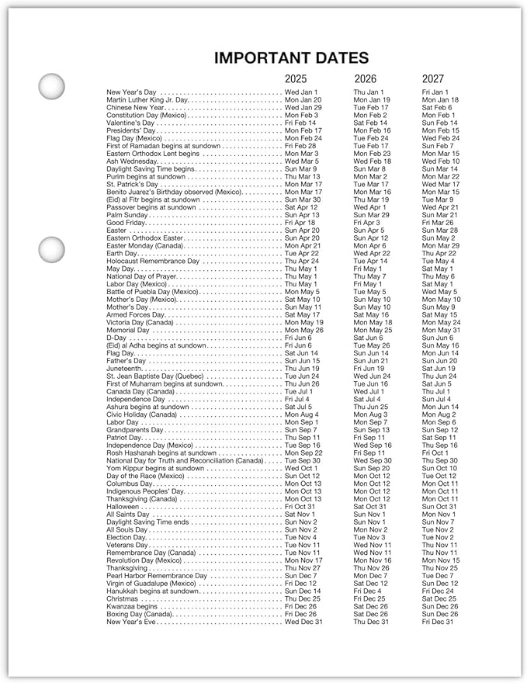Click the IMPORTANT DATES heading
[291, 57]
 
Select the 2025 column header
[296, 78]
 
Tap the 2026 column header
[366, 78]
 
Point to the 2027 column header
[433, 78]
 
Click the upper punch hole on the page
[52, 85]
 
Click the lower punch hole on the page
[52, 250]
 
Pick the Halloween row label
[123, 507]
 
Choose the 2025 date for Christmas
[302, 598]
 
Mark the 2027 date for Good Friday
[438, 223]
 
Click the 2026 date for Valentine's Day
[371, 123]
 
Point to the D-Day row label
[116, 338]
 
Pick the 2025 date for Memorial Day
[303, 330]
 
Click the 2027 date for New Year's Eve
[438, 622]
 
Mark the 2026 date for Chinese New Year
[371, 108]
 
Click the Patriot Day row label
[124, 438]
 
